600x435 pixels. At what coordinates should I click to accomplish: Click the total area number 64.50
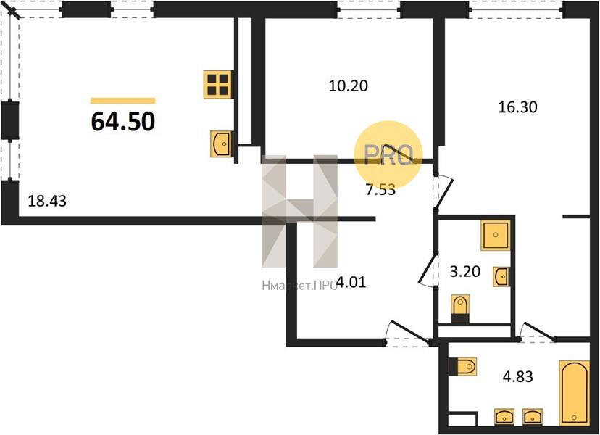pos(123,121)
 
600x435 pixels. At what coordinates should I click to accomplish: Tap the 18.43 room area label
pos(47,201)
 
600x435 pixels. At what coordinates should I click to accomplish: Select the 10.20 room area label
pos(349,86)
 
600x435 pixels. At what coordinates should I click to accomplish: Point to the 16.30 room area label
pos(517,107)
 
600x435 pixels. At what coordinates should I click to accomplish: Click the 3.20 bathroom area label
pos(465,271)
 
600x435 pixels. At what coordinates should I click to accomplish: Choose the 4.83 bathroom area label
pos(517,376)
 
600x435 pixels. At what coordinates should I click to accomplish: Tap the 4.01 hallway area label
pos(351,283)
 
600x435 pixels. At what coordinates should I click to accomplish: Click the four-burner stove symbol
pos(218,85)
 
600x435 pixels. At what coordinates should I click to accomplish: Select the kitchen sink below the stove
pos(221,144)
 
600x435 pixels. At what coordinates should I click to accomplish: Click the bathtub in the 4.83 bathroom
pos(574,392)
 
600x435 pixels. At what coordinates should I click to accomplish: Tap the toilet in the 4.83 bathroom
pos(462,366)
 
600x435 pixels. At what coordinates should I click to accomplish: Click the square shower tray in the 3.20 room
pos(496,235)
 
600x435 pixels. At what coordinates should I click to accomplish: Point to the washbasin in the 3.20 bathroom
pos(501,276)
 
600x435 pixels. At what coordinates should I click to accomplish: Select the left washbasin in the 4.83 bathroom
pos(504,417)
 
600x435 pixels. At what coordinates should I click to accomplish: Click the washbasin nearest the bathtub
pos(533,417)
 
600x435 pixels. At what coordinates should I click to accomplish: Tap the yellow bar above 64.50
pos(123,101)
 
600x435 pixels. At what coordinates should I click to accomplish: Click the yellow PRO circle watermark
pos(388,154)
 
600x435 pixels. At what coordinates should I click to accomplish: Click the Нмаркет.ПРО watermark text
pos(299,285)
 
